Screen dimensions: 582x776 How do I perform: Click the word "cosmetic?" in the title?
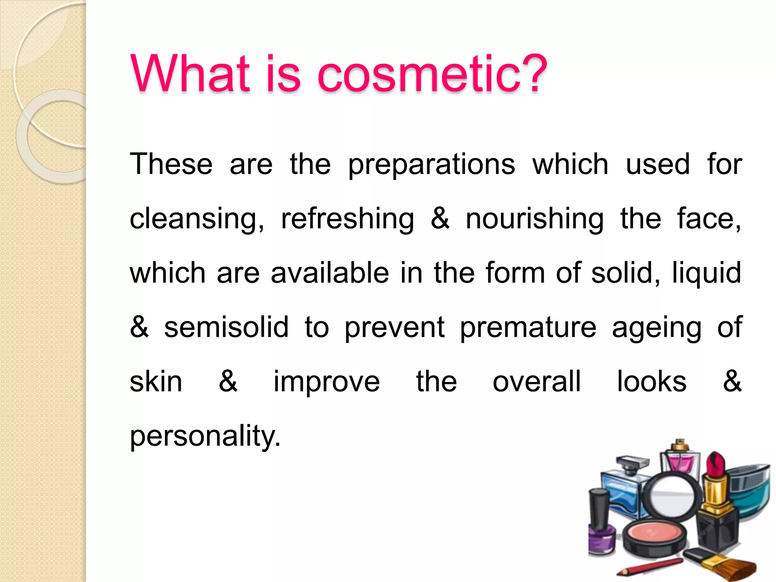(432, 74)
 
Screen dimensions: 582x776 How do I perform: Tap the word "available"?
(330, 273)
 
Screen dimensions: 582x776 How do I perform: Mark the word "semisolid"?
(226, 327)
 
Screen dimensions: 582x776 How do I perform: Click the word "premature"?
(528, 328)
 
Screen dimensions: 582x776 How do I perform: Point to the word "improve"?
(327, 382)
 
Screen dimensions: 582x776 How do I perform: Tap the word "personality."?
(205, 437)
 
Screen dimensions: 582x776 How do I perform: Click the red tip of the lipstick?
(716, 464)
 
